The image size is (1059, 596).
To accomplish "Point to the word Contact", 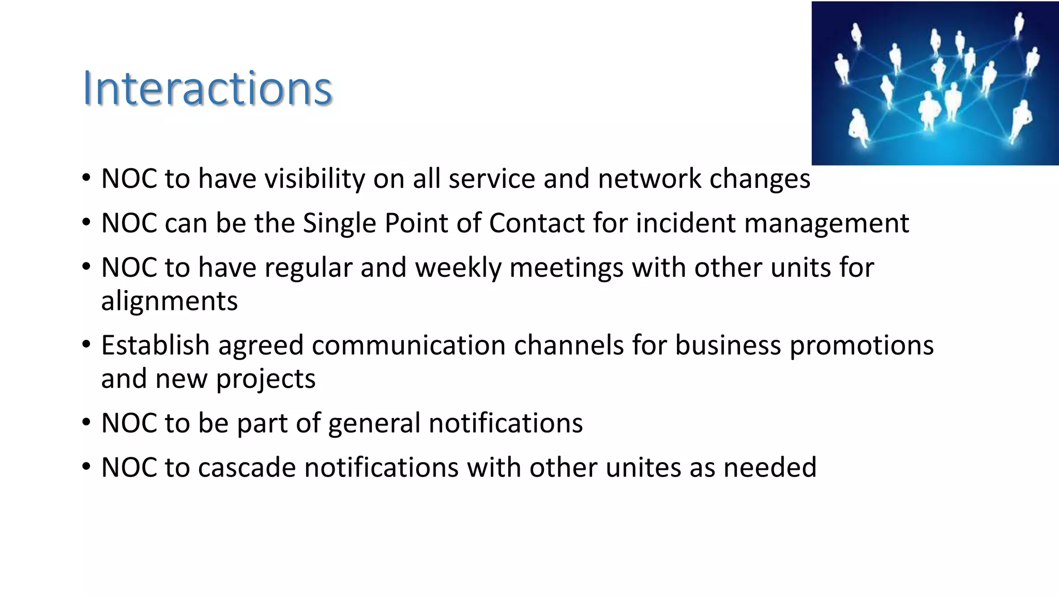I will pyautogui.click(x=537, y=224).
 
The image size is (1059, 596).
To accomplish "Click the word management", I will pyautogui.click(x=826, y=224).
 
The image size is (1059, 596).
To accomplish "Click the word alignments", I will pyautogui.click(x=169, y=301).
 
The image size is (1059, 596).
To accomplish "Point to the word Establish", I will pyautogui.click(x=155, y=345).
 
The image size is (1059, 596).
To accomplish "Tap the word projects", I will pyautogui.click(x=265, y=379).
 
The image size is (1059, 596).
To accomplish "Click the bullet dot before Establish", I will pyautogui.click(x=86, y=344).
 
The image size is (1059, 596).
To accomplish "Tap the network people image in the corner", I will pyautogui.click(x=935, y=83).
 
